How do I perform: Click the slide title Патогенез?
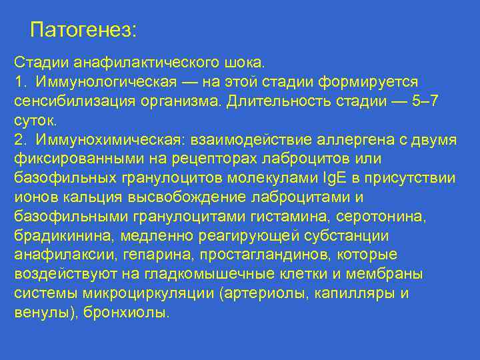[83, 30]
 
